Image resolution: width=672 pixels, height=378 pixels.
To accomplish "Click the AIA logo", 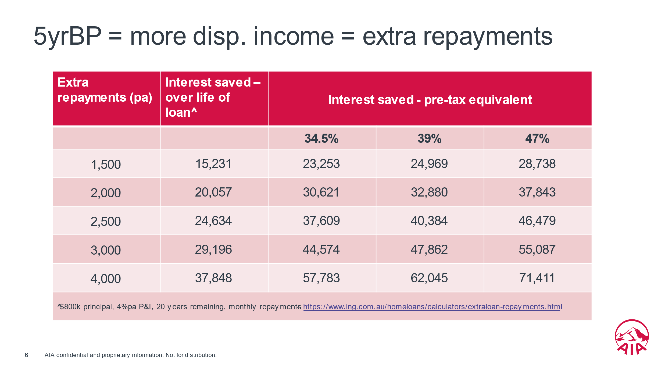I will tap(632, 337).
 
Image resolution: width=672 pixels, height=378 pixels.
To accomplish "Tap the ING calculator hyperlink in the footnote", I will tap(432, 307).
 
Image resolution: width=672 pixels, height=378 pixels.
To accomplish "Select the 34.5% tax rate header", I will tap(321, 139).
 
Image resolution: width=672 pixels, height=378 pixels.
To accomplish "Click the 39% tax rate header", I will tap(429, 139).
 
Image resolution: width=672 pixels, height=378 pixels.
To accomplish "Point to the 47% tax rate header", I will tap(537, 139).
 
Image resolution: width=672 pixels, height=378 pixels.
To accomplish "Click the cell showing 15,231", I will tap(213, 164).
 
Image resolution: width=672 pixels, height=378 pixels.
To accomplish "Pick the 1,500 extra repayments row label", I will tap(106, 165).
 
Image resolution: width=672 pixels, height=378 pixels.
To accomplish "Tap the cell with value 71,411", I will tap(537, 278).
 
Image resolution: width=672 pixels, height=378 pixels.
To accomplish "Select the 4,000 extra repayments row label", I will tap(106, 279).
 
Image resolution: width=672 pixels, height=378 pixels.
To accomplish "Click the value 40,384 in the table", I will tap(429, 221).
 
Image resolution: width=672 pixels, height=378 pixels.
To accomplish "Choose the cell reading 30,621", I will tap(321, 192).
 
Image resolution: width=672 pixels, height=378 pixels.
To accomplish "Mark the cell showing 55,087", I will tap(537, 249).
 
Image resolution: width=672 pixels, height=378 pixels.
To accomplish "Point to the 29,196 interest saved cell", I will tap(213, 249).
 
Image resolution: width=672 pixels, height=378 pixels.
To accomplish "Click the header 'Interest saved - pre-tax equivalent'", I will tap(430, 100).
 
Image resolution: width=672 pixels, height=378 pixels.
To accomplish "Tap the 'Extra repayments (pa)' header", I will tap(105, 90).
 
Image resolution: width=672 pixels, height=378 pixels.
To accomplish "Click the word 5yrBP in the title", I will tap(67, 36).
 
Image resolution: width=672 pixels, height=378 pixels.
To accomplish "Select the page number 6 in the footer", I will tap(26, 355).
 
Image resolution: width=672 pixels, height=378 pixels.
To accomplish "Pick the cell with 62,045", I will tap(429, 278).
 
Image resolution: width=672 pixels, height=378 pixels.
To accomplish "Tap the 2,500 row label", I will tap(106, 222).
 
